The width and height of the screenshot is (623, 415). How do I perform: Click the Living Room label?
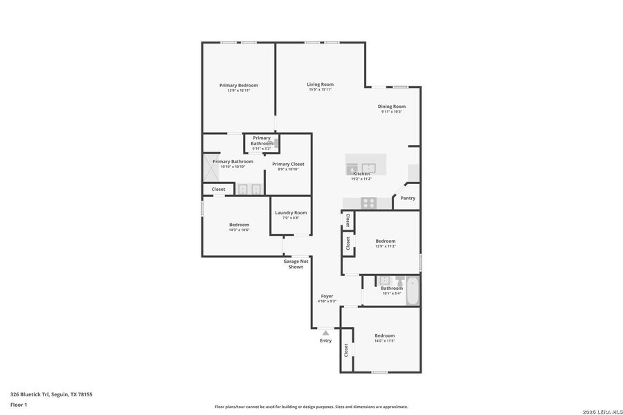coord(320,84)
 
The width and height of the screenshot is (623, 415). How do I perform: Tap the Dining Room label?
coord(391,107)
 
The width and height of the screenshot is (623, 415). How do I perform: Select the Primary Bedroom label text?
coord(238,85)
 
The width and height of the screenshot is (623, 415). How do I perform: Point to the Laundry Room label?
coord(290,212)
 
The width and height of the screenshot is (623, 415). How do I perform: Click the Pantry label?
coord(408,198)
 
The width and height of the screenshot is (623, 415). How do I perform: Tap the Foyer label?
coord(327,296)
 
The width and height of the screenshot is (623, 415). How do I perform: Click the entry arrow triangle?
coord(325,333)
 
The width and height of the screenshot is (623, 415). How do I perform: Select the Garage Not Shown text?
coord(296,264)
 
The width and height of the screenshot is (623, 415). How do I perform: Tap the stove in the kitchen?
coord(368,203)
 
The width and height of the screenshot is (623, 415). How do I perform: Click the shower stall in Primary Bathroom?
coord(211,167)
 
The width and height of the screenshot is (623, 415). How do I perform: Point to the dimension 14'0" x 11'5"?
coord(384,341)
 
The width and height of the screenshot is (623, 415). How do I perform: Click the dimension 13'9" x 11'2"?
coord(385,246)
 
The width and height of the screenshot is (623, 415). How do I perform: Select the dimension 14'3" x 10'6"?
coord(239,230)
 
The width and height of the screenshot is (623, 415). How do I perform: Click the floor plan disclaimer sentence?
coord(311,407)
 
